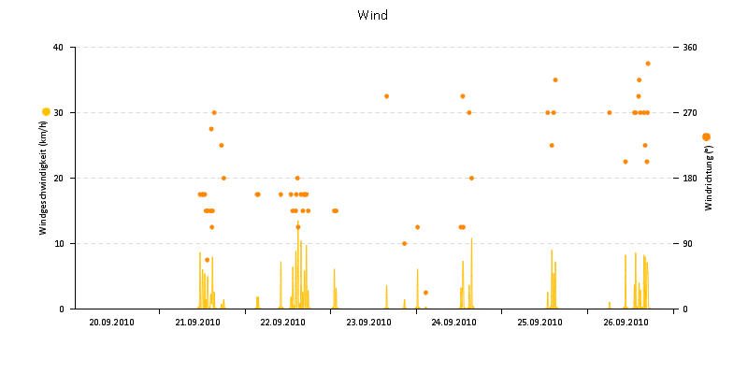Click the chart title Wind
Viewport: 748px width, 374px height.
coord(373,15)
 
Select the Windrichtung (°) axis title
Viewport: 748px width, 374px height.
coord(709,178)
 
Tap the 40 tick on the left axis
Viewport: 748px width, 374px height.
coord(58,48)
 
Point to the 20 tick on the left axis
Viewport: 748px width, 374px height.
coord(58,179)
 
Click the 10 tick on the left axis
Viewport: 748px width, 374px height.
coord(58,244)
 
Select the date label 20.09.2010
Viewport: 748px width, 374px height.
coord(112,323)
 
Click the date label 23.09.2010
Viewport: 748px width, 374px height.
coord(368,323)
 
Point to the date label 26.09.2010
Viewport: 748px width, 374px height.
coord(626,323)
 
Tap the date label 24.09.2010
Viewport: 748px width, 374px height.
coord(454,323)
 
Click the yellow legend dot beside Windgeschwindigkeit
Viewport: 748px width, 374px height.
coord(46,111)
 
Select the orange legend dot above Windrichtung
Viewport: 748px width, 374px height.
coord(706,137)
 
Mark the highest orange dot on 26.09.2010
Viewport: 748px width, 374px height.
coord(648,64)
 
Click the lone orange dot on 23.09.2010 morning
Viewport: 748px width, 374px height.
coord(386,96)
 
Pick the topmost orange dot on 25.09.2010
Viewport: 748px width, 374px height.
coord(555,80)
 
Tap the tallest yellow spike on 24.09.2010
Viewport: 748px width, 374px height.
coord(471,239)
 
